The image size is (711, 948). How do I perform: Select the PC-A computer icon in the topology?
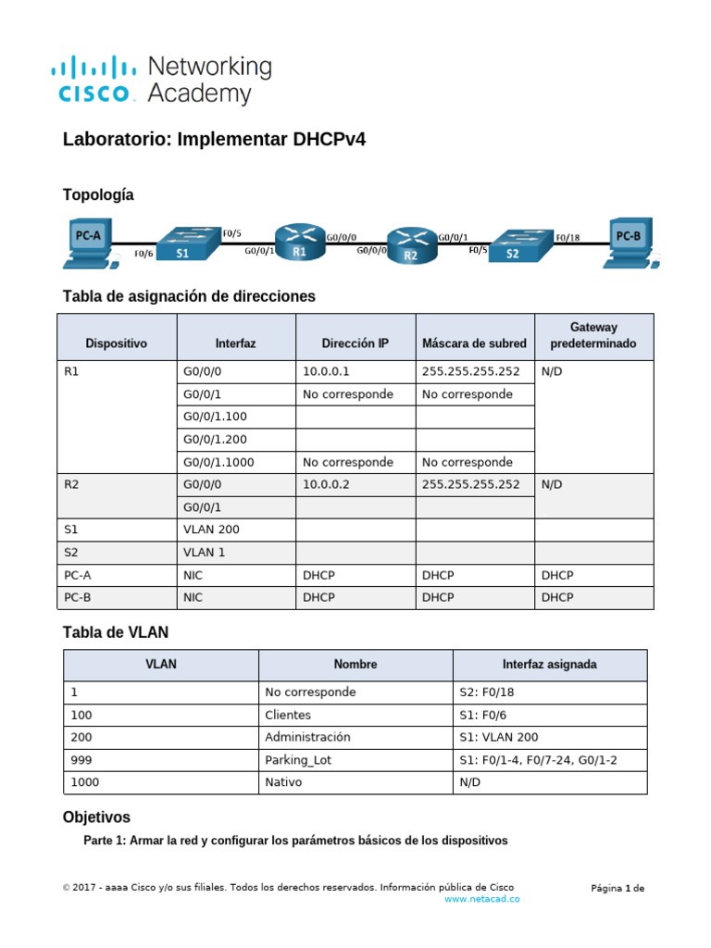89,242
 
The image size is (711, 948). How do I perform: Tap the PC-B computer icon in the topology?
632,242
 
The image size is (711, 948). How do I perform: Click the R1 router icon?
298,243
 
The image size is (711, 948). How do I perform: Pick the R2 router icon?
410,246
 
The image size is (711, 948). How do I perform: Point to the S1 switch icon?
185,243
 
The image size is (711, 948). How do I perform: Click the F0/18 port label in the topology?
569,237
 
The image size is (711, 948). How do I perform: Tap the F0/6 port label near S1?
143,253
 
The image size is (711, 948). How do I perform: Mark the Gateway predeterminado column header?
593,335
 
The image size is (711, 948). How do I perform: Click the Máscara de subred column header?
474,343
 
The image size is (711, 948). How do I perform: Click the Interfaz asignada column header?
550,665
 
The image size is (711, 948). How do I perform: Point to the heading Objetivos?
96,817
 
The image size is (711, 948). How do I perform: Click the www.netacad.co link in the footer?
481,899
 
